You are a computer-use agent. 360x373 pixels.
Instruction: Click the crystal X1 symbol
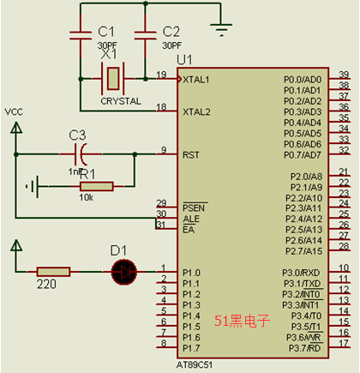[113, 79]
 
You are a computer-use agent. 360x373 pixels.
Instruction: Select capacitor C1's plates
[81, 35]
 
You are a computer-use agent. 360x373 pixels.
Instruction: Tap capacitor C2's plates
[146, 35]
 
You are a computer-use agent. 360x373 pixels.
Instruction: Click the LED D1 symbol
[124, 272]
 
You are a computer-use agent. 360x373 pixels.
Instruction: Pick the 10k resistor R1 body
[97, 186]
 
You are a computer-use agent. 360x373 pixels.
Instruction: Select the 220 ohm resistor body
[53, 272]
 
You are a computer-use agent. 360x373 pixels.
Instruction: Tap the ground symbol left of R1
[33, 187]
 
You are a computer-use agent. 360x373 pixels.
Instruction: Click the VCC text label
[14, 111]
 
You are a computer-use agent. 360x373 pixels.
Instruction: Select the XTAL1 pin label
[196, 80]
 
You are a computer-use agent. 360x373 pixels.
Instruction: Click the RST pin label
[191, 155]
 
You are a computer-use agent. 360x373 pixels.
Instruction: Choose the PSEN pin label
[194, 208]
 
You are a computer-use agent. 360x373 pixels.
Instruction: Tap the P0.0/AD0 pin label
[303, 80]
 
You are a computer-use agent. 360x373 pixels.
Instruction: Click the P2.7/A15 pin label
[303, 251]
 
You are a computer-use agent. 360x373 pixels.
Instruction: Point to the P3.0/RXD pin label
[301, 273]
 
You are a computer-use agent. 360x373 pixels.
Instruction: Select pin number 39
[344, 75]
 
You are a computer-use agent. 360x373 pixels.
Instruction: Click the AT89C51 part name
[195, 365]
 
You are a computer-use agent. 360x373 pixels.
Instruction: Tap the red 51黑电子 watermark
[242, 321]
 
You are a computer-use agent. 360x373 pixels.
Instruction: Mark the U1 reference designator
[184, 60]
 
